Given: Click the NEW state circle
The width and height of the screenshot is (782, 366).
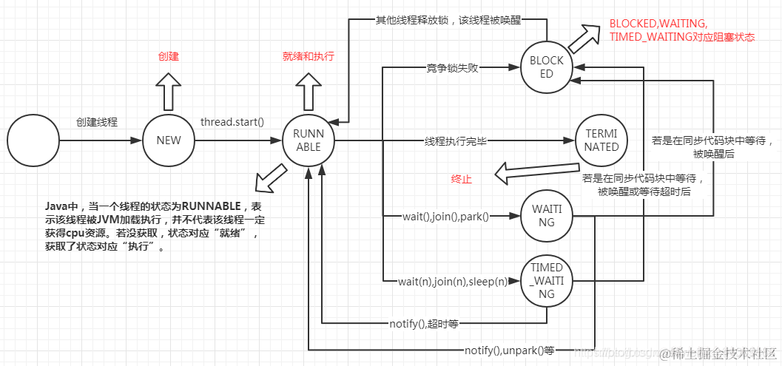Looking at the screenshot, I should point(169,140).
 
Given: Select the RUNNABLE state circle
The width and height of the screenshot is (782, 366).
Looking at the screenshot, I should point(309,140).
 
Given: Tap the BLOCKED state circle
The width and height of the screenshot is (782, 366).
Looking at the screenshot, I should point(546,67).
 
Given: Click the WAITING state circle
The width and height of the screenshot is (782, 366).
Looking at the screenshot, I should point(546,216).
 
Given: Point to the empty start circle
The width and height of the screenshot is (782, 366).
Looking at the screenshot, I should point(33,140).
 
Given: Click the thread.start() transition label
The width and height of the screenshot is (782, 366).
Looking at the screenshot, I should point(232,121).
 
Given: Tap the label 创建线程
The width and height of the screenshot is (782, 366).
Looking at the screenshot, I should point(97,121).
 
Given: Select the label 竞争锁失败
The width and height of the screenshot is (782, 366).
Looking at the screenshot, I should point(453,68).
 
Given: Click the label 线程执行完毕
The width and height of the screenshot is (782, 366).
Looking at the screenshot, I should point(455,140).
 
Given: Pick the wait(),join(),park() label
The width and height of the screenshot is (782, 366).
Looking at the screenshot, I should point(445,216).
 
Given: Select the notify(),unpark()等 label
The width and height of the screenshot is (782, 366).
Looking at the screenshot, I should point(509,349).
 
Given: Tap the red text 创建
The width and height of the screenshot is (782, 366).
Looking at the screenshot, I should point(169,56).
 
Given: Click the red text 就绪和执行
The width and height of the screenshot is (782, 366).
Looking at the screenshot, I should point(309,56).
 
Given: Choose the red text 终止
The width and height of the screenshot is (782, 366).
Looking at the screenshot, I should point(461,180).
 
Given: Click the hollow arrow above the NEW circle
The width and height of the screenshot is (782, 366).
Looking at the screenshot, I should point(169,90).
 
